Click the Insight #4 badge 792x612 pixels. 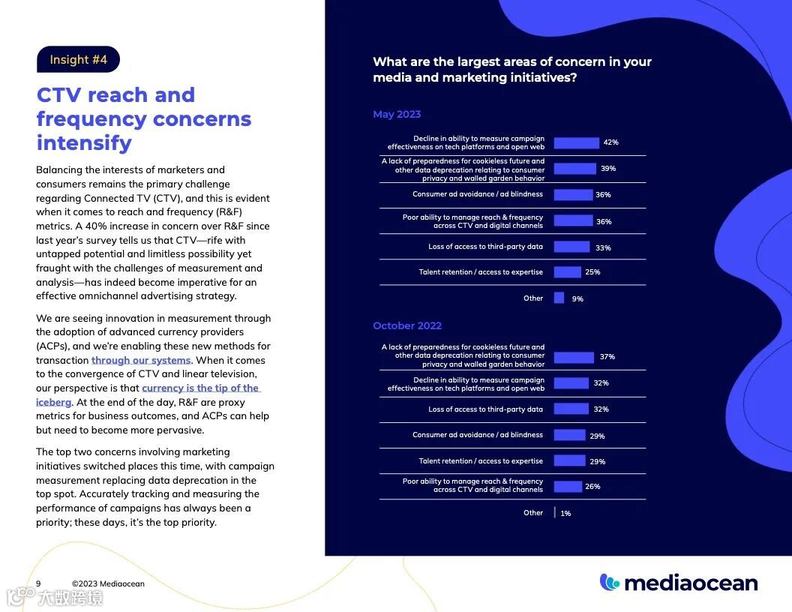coord(78,60)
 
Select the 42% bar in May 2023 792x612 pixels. coord(576,142)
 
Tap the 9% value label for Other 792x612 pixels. coord(577,298)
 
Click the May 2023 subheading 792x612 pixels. coord(397,114)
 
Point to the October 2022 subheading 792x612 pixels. coord(407,325)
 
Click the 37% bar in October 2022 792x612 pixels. coord(574,357)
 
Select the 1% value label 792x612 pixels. coord(565,514)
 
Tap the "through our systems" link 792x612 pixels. coord(141,360)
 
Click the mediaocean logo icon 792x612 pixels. coord(610,582)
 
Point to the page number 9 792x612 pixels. coord(38,583)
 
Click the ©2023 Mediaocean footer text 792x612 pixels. coord(108,583)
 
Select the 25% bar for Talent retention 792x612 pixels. coord(567,272)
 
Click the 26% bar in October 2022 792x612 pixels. coord(568,487)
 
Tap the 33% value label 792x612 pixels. coord(603,248)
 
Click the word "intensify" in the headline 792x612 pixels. coord(84,142)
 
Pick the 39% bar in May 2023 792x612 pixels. coord(574,169)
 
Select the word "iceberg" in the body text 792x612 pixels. coord(53,402)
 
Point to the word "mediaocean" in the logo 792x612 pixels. coord(691,583)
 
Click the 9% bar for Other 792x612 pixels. coord(559,298)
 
